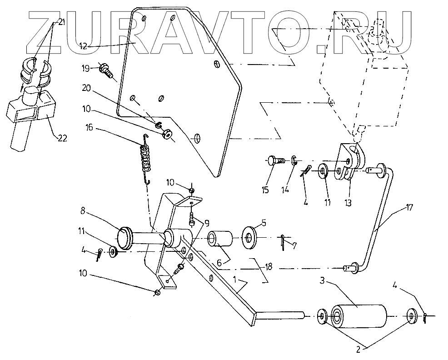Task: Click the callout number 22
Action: pyautogui.click(x=62, y=139)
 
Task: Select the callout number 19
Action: pyautogui.click(x=86, y=69)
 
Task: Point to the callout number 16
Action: pyautogui.click(x=89, y=128)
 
